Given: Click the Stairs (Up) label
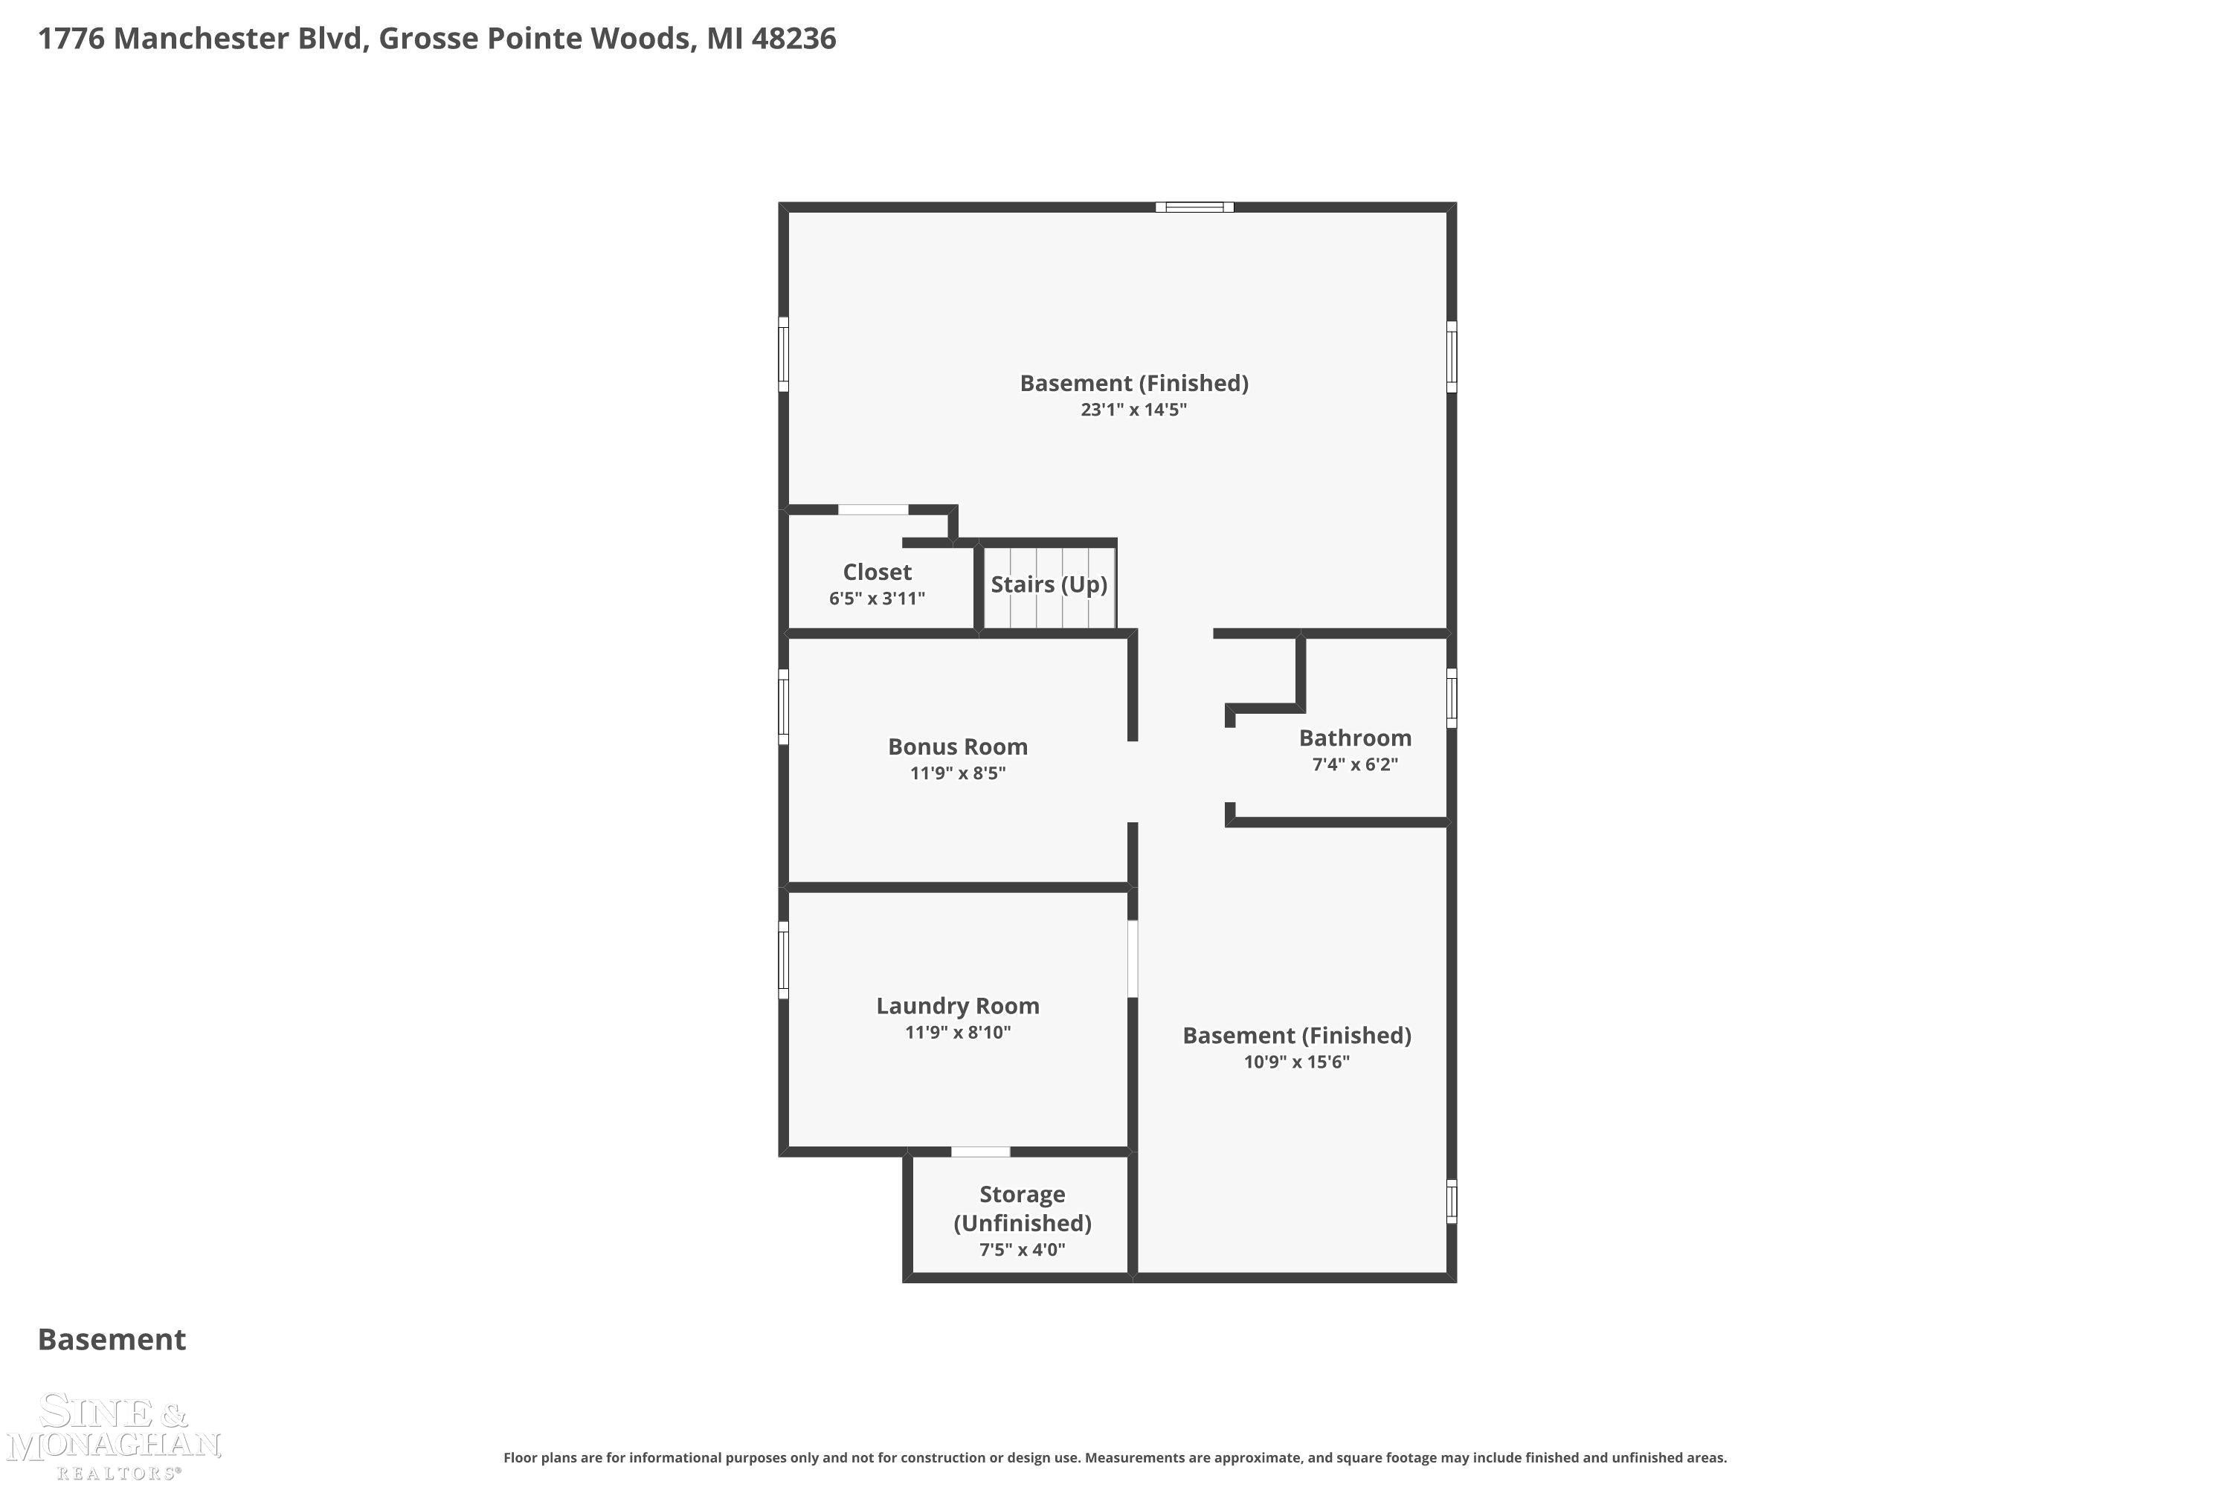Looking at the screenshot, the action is point(1049,584).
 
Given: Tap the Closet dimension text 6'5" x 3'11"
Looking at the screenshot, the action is point(877,599).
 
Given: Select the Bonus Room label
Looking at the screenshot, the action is point(957,746).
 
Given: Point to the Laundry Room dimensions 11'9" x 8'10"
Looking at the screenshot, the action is point(957,1032).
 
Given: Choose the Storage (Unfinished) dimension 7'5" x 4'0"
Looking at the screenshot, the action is point(1022,1249).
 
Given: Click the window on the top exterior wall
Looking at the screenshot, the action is point(1194,207).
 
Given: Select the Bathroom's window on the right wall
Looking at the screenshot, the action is point(1452,698).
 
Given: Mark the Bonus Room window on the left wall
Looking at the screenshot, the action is point(784,706).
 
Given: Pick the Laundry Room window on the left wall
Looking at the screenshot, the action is point(784,960).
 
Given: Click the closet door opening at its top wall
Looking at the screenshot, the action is point(872,510).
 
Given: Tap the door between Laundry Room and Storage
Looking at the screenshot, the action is point(980,1151).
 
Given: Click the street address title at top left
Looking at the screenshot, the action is point(437,39).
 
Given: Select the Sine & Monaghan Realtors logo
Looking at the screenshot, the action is point(114,1435).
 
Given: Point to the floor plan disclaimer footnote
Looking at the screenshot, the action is point(1115,1457).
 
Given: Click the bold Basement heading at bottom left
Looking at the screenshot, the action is point(112,1339).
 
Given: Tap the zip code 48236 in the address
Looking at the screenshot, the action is point(794,39).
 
